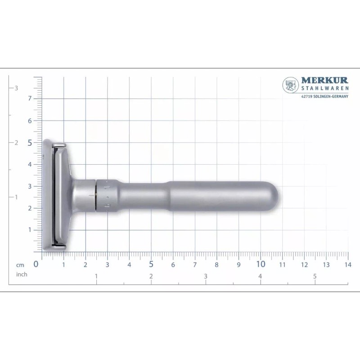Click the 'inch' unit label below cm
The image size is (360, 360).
tap(22, 274)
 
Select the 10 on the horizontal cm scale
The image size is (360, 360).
tap(261, 264)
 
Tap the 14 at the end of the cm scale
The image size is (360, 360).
tap(347, 265)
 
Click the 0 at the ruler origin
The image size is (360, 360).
tap(36, 265)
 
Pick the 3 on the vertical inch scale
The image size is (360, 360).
tap(16, 88)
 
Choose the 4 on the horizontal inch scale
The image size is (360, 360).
tap(261, 276)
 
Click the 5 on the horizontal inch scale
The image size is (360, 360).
tap(315, 276)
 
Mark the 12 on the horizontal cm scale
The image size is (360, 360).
tap(304, 265)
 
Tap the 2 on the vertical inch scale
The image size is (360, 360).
tap(16, 143)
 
